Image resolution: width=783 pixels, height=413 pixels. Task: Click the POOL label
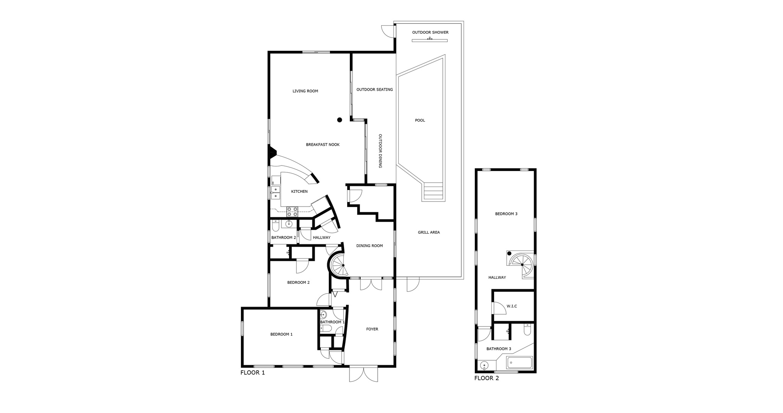420,120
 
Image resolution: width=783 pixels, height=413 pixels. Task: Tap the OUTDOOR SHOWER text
430,33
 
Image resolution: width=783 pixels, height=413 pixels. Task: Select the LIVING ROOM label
305,91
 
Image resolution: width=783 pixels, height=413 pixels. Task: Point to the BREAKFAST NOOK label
323,145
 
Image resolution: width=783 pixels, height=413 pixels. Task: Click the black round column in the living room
340,120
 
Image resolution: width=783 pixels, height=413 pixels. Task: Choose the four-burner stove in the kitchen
292,212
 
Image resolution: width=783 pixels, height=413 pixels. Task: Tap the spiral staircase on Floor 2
521,264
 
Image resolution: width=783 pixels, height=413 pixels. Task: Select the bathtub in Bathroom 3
519,363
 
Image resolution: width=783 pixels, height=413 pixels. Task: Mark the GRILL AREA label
429,233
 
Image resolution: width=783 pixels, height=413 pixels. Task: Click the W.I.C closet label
512,306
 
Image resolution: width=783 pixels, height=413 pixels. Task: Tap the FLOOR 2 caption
486,378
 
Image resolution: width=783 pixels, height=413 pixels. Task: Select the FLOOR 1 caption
252,372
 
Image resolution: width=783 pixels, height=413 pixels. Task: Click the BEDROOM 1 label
281,334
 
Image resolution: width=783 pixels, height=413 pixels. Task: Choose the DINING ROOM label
369,246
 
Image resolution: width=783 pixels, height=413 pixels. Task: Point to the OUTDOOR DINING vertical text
380,151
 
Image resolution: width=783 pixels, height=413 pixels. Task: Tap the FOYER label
372,329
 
